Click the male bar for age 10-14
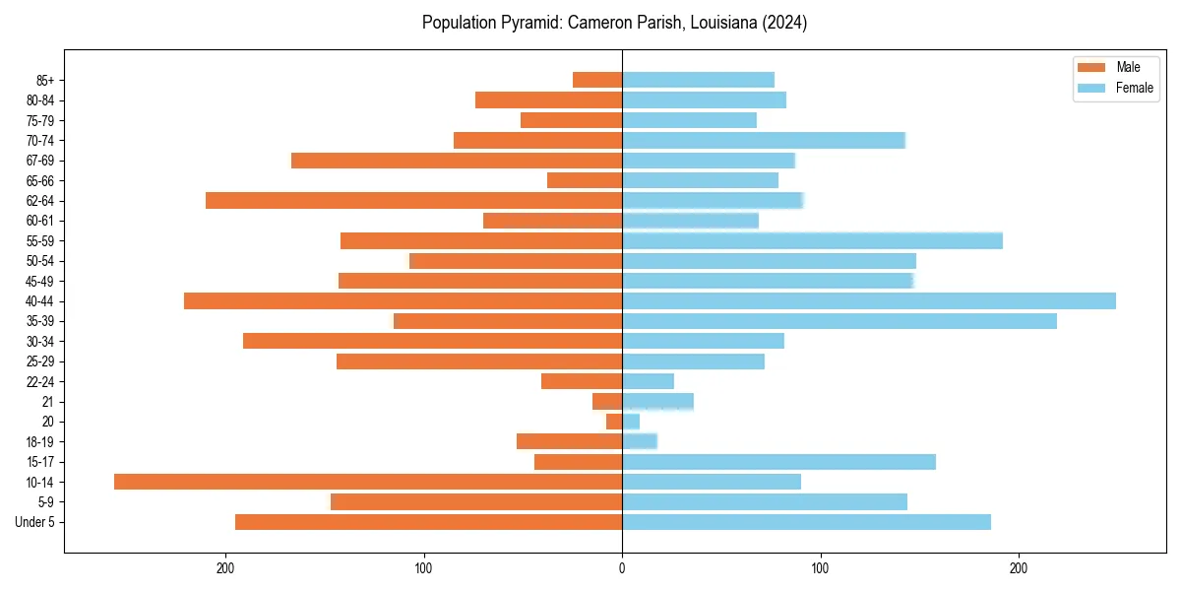pyautogui.click(x=368, y=482)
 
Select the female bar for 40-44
pyautogui.click(x=869, y=300)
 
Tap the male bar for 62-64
pyautogui.click(x=413, y=200)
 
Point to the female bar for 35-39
pyautogui.click(x=839, y=321)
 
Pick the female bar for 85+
pyautogui.click(x=698, y=80)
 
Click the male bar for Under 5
pyautogui.click(x=428, y=522)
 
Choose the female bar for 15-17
pyautogui.click(x=778, y=462)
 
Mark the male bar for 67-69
pyautogui.click(x=457, y=161)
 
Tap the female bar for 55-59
pyautogui.click(x=812, y=240)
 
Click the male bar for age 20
pyautogui.click(x=614, y=422)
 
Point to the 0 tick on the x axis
pyautogui.click(x=622, y=566)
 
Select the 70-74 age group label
pyautogui.click(x=40, y=140)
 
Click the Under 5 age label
pyautogui.click(x=35, y=522)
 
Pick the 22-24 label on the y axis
pyautogui.click(x=40, y=381)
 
